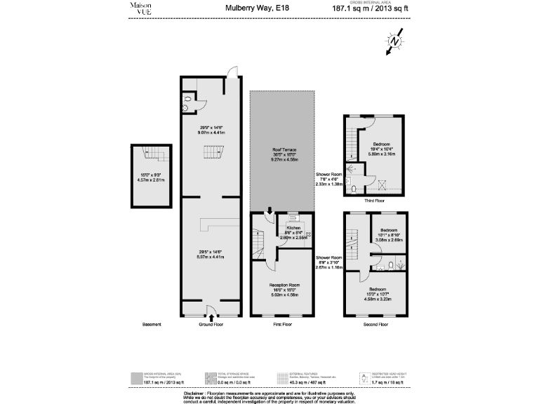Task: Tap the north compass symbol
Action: [x=394, y=41]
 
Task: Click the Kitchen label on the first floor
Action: [x=293, y=228]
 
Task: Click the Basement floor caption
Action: [x=152, y=325]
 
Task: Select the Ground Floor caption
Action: [x=211, y=325]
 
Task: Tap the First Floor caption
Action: [x=281, y=325]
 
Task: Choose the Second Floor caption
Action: [x=374, y=325]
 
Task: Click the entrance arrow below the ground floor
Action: [x=211, y=317]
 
